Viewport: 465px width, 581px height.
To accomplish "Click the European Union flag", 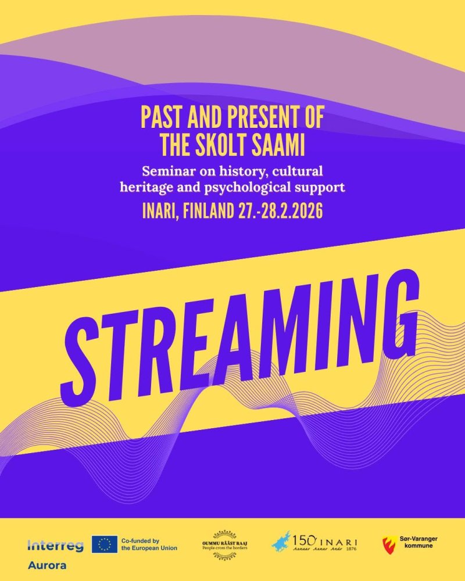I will (x=104, y=544).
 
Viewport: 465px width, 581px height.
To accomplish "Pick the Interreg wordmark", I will (x=55, y=546).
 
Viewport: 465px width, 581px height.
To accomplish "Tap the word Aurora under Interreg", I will (x=47, y=565).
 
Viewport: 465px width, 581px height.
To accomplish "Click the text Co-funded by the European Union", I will (x=149, y=544).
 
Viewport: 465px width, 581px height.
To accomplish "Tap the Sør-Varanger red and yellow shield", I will (x=388, y=545).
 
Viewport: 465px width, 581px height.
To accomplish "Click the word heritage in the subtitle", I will (x=145, y=188).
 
